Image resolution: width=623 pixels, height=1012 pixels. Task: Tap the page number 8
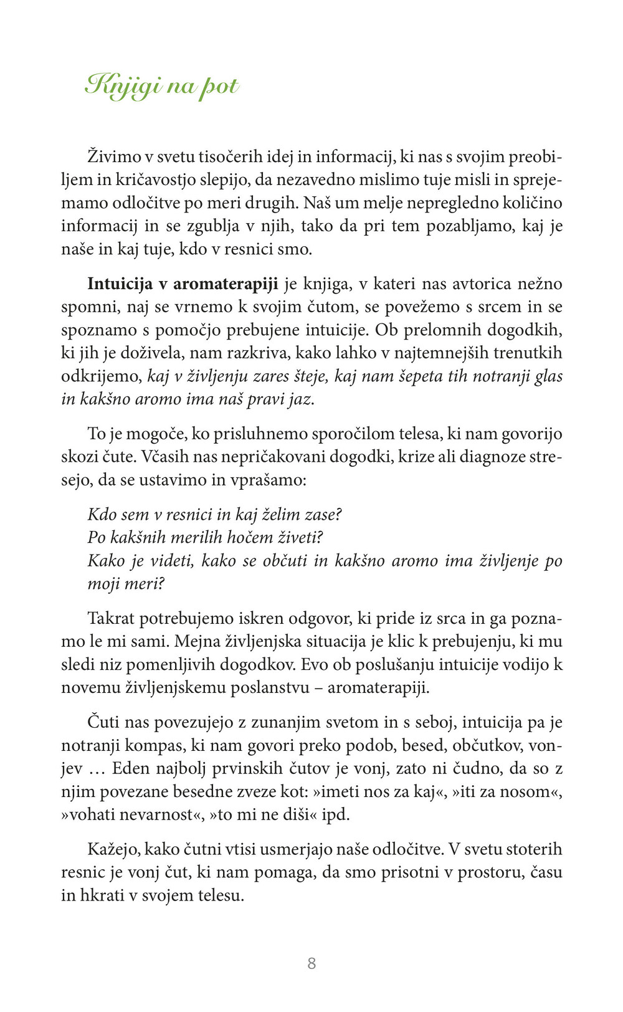(x=311, y=963)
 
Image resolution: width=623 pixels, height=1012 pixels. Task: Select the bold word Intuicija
(x=120, y=284)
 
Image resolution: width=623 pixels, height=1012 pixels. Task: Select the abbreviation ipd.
(x=336, y=815)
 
